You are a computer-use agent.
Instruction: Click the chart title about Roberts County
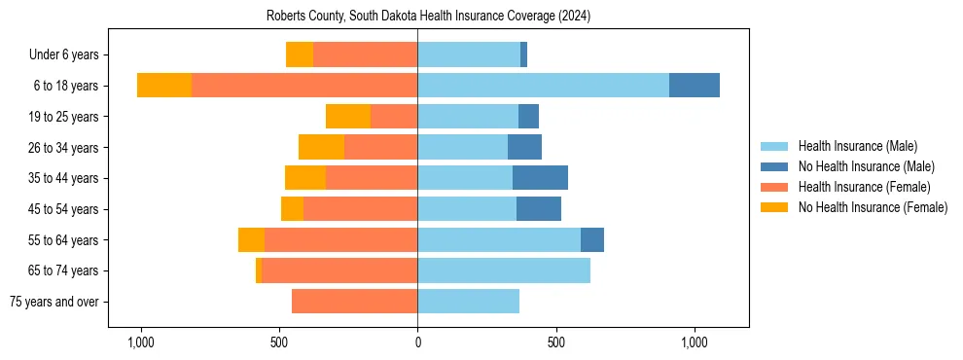(428, 17)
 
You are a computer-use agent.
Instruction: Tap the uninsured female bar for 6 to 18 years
(164, 86)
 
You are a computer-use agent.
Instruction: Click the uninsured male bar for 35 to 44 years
(540, 178)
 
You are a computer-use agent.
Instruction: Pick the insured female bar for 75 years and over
(354, 302)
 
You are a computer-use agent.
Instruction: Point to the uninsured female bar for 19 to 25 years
(348, 117)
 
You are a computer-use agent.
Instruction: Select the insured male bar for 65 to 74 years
(504, 270)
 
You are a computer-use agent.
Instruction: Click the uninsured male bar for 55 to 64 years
(592, 239)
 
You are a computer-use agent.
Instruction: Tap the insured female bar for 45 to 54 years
(360, 209)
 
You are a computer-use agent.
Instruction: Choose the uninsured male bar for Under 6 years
(523, 54)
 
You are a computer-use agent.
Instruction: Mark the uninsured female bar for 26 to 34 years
(321, 147)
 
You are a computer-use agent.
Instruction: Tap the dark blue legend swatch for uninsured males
(774, 166)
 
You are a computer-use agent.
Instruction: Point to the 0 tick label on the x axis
(417, 342)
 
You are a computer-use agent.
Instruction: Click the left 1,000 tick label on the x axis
(141, 342)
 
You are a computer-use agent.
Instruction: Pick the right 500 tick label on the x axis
(556, 342)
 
